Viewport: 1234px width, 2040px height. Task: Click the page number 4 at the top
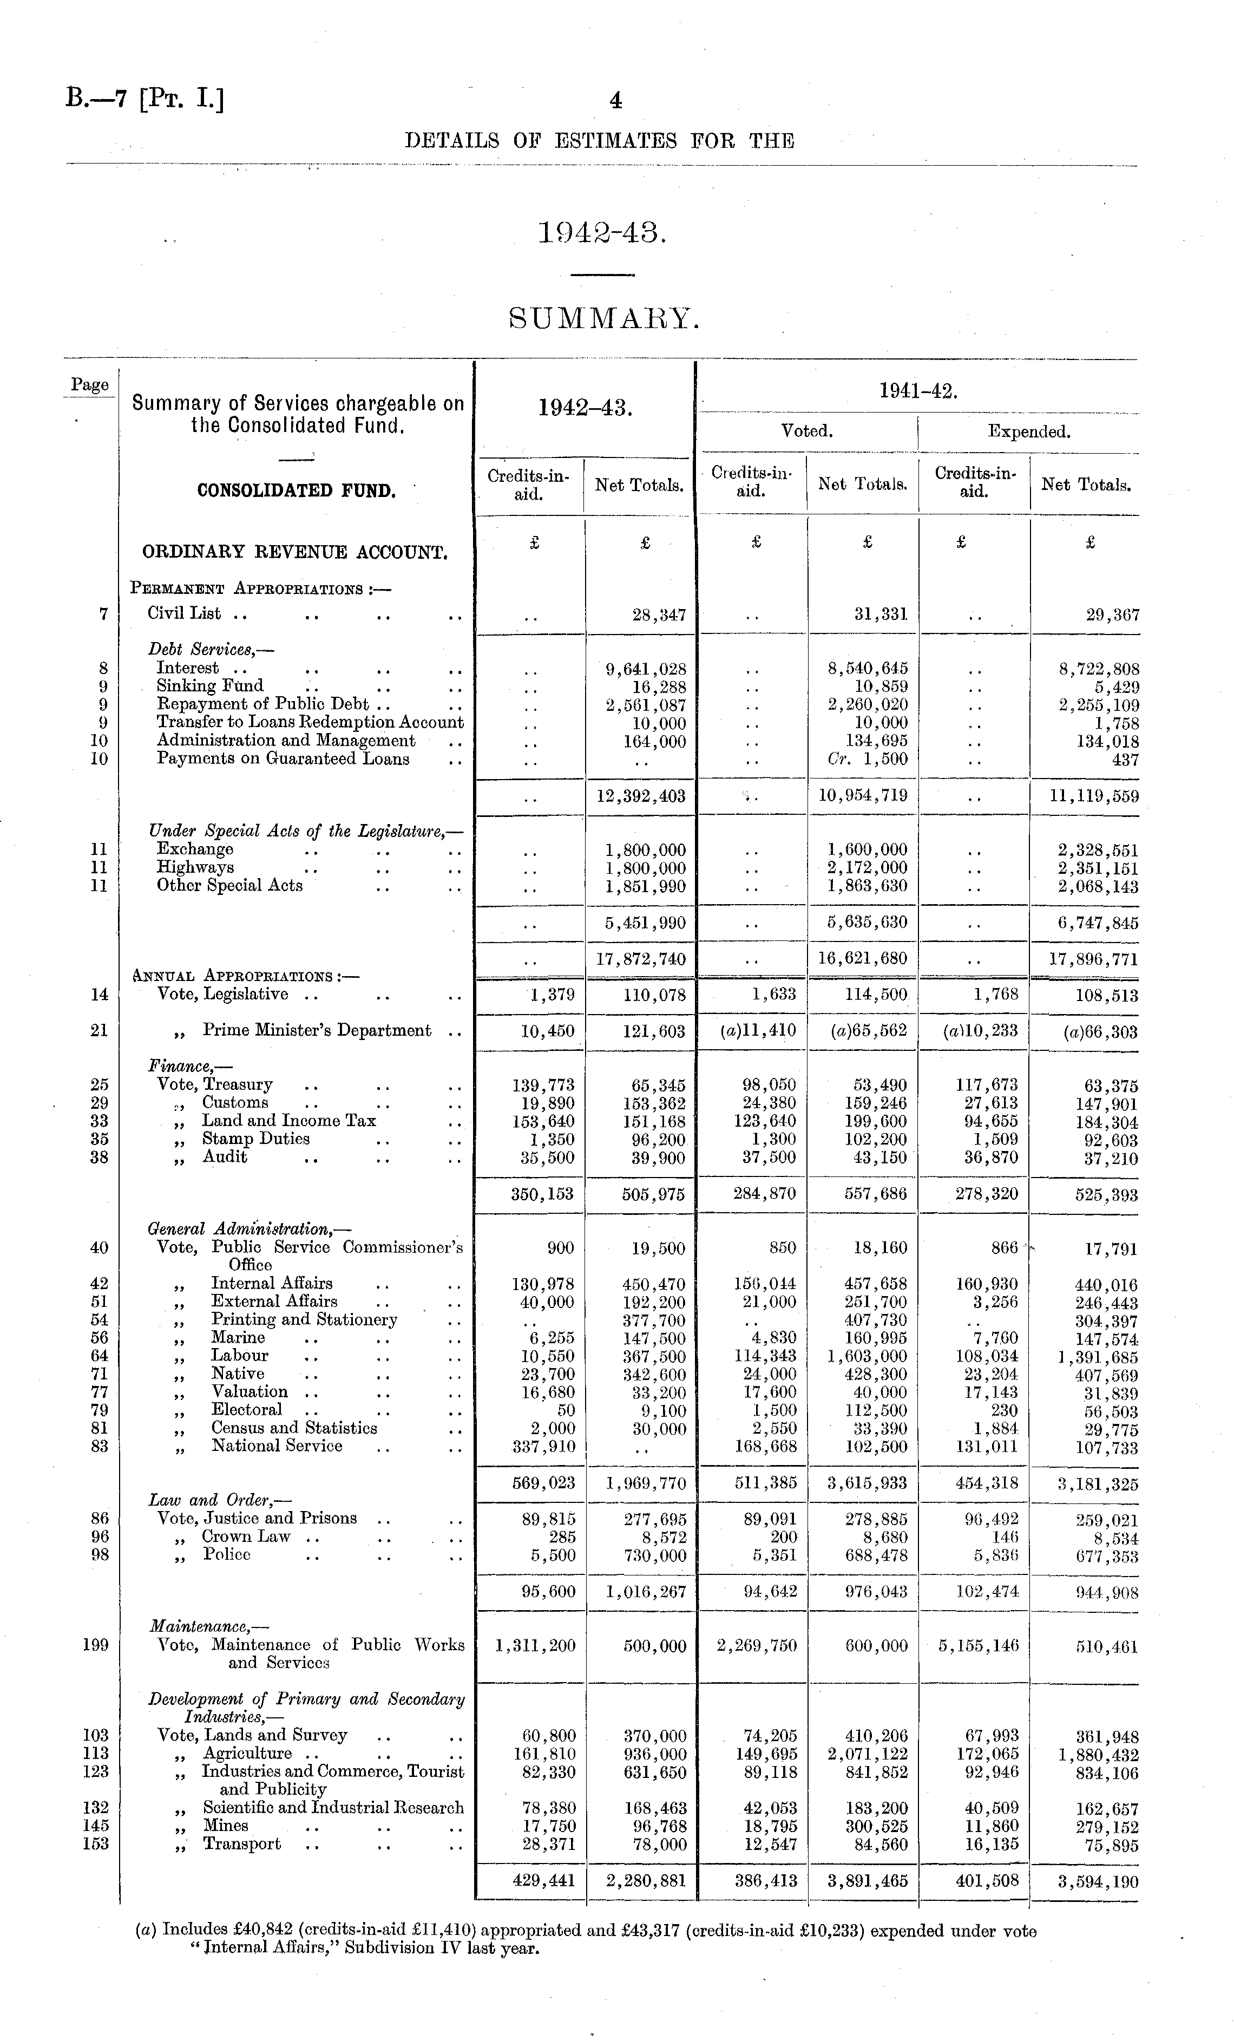click(615, 101)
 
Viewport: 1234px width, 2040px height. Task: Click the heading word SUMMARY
click(603, 318)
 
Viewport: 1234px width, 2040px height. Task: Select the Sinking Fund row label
click(210, 686)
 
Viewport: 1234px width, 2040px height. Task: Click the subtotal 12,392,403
click(641, 796)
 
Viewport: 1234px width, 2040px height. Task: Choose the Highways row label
click(195, 868)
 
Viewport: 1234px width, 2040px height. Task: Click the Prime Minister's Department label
click(317, 1031)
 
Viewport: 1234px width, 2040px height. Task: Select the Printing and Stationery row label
click(304, 1320)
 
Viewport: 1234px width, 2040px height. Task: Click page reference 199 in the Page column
click(96, 1645)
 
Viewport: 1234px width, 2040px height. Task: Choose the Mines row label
click(226, 1826)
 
